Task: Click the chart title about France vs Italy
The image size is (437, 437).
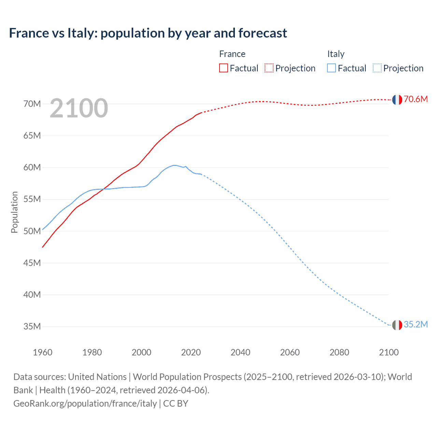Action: coord(148,33)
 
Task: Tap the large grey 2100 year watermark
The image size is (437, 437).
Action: coord(79,108)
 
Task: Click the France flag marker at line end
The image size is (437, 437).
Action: coord(397,100)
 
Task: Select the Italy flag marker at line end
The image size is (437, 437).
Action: coord(397,325)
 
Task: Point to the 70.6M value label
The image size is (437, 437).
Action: coord(415,99)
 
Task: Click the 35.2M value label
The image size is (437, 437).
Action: coord(415,324)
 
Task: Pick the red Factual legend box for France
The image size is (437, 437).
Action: coord(224,68)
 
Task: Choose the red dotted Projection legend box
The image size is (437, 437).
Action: coord(269,68)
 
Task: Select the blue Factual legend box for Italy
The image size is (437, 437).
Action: coord(332,68)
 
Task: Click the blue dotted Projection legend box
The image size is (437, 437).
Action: coord(377,68)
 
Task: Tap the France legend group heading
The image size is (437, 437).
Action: coord(232,54)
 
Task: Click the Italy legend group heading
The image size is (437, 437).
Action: coord(336,54)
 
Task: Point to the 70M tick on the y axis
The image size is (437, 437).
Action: coord(32,104)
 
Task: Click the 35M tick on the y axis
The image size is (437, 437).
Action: coord(32,326)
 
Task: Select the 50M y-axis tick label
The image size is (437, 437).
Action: coord(32,231)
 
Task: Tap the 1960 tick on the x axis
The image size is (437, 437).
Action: coord(43,352)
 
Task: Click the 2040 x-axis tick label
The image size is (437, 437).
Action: coord(240,352)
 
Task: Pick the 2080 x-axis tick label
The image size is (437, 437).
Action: coord(339,352)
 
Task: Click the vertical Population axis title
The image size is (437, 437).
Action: coord(14,212)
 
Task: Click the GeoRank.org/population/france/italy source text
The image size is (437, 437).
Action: coord(85,404)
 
